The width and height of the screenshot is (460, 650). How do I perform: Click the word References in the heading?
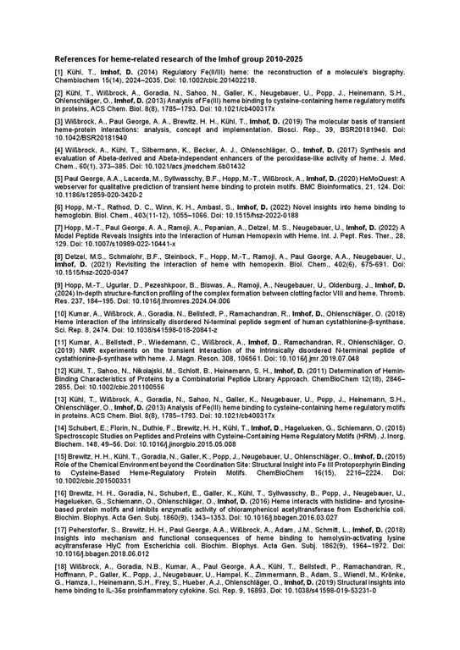tap(75, 60)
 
